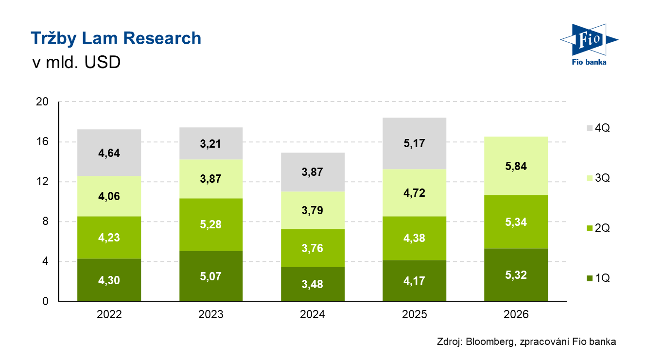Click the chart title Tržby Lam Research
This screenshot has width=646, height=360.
(x=116, y=38)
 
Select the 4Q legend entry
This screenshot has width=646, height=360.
(x=597, y=128)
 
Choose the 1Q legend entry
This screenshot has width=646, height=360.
(x=597, y=278)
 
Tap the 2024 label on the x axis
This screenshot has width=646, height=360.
(x=313, y=315)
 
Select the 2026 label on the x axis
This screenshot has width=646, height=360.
(x=516, y=315)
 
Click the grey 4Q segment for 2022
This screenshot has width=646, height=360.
(x=109, y=153)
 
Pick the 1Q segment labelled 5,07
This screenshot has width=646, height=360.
(x=211, y=276)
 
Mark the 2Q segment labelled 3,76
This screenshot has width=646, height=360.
(x=313, y=248)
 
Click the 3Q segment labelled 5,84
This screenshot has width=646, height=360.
(x=516, y=166)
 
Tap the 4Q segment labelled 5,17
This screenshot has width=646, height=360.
(x=414, y=143)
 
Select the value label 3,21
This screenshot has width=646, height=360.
(x=211, y=144)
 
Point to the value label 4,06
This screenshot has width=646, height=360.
(x=109, y=197)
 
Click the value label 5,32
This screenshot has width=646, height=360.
(x=516, y=275)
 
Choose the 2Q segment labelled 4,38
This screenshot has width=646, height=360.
(x=414, y=238)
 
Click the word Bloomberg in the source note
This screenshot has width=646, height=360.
(x=488, y=342)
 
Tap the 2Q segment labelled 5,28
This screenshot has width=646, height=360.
(x=211, y=224)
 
